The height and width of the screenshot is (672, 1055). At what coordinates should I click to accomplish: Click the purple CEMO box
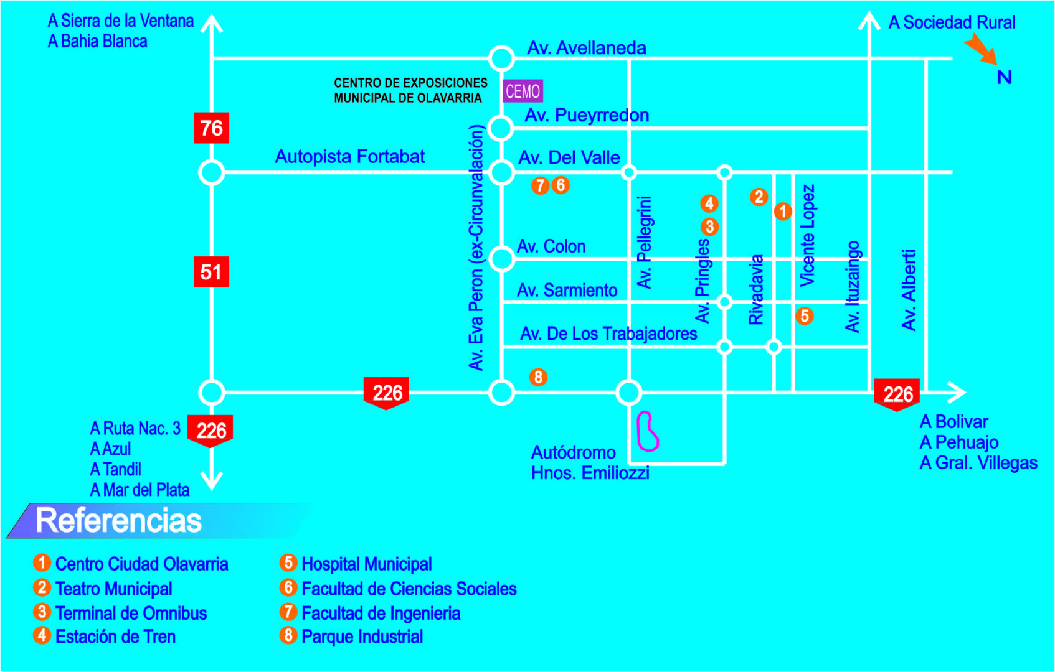(523, 91)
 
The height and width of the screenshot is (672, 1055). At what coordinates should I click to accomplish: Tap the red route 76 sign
(211, 128)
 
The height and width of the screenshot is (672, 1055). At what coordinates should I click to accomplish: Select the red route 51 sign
(211, 272)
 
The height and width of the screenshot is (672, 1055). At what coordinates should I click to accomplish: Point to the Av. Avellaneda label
(586, 48)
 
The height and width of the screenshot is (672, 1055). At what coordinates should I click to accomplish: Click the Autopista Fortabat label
(349, 156)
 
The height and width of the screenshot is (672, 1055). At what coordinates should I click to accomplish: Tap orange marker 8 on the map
(538, 377)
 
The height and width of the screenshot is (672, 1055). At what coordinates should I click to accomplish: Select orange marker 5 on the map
(804, 316)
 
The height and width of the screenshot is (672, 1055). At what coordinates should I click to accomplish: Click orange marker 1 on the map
(783, 212)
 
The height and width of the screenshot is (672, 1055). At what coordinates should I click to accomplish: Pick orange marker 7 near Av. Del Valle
(540, 185)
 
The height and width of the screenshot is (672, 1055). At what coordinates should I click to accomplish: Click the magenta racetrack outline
(647, 431)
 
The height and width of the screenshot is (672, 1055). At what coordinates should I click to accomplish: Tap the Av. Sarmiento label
(567, 290)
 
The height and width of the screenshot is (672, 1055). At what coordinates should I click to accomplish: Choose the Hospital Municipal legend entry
(366, 564)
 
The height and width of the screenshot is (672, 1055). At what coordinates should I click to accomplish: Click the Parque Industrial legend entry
(362, 637)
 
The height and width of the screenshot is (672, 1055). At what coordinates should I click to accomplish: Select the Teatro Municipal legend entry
(113, 589)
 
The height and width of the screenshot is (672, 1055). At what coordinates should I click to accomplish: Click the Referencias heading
(118, 520)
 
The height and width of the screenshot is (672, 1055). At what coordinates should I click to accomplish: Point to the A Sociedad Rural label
(951, 22)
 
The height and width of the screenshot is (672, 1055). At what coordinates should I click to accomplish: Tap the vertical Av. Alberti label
(909, 289)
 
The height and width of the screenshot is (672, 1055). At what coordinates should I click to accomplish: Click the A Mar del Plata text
(140, 490)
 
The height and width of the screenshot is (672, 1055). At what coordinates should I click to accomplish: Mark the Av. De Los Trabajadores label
(608, 334)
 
